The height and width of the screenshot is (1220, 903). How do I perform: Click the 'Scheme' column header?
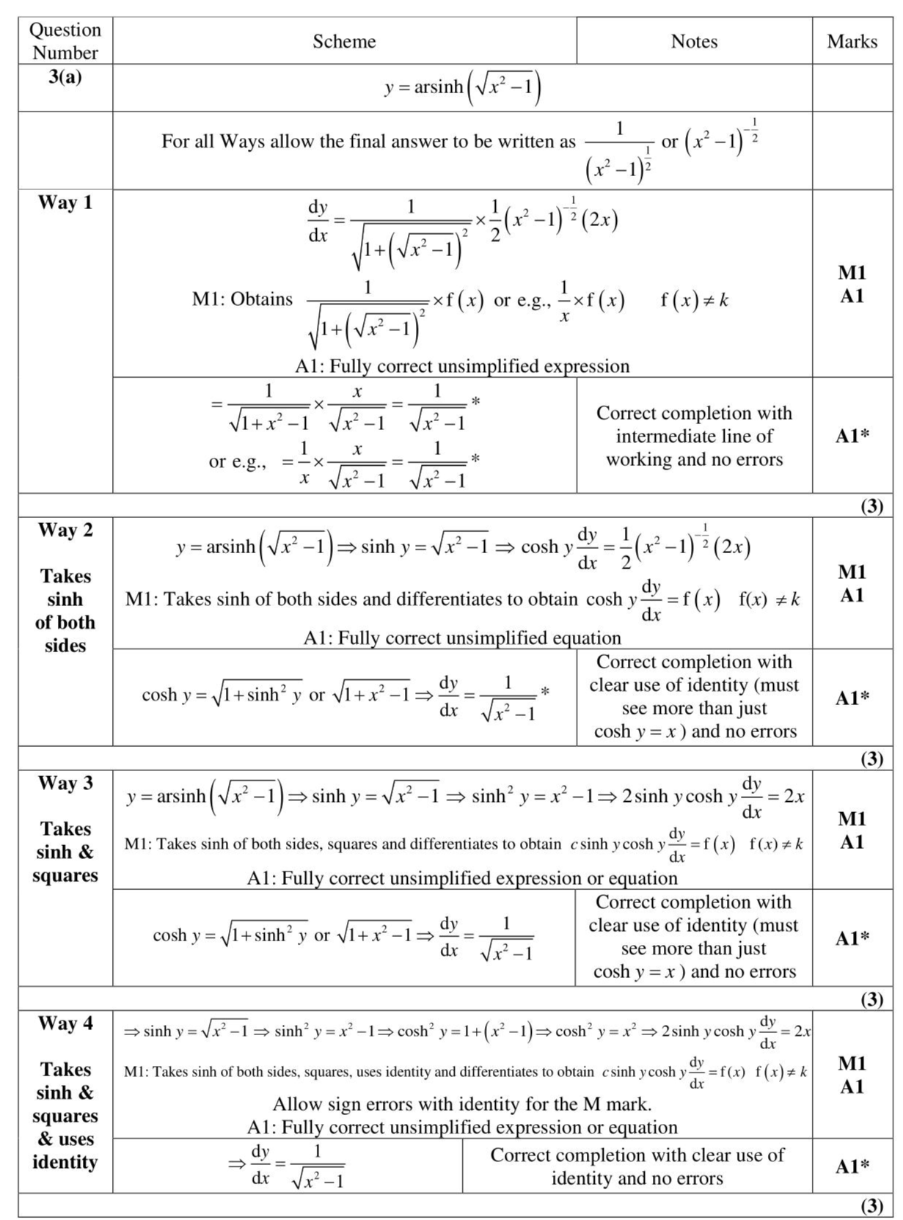click(344, 41)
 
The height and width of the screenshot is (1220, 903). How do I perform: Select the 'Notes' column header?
click(694, 41)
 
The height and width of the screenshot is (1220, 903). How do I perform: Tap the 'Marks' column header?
click(852, 41)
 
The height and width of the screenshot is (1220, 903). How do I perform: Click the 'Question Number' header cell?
click(65, 41)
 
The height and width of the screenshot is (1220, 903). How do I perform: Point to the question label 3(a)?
click(65, 76)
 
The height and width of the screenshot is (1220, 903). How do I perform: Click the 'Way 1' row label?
click(65, 202)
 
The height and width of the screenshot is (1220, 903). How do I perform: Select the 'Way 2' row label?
click(65, 530)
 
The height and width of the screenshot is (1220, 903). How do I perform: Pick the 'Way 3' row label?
click(65, 783)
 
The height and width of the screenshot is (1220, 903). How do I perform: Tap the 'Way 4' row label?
click(65, 1023)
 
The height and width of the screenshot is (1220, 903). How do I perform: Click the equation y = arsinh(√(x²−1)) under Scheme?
click(462, 87)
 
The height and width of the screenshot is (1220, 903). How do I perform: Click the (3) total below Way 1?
click(871, 505)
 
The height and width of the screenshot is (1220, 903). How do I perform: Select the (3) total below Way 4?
click(871, 1205)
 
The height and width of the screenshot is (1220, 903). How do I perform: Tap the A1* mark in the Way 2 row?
click(852, 698)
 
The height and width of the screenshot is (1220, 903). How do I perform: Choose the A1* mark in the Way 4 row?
click(852, 1166)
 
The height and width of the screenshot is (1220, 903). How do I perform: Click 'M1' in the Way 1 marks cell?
click(852, 273)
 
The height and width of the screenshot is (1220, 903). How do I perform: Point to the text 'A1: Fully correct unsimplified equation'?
click(462, 638)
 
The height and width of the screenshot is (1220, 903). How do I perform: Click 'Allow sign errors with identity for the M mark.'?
click(462, 1103)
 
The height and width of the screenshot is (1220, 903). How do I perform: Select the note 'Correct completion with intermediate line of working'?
click(694, 436)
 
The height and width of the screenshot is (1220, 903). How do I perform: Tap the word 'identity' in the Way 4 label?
click(65, 1162)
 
